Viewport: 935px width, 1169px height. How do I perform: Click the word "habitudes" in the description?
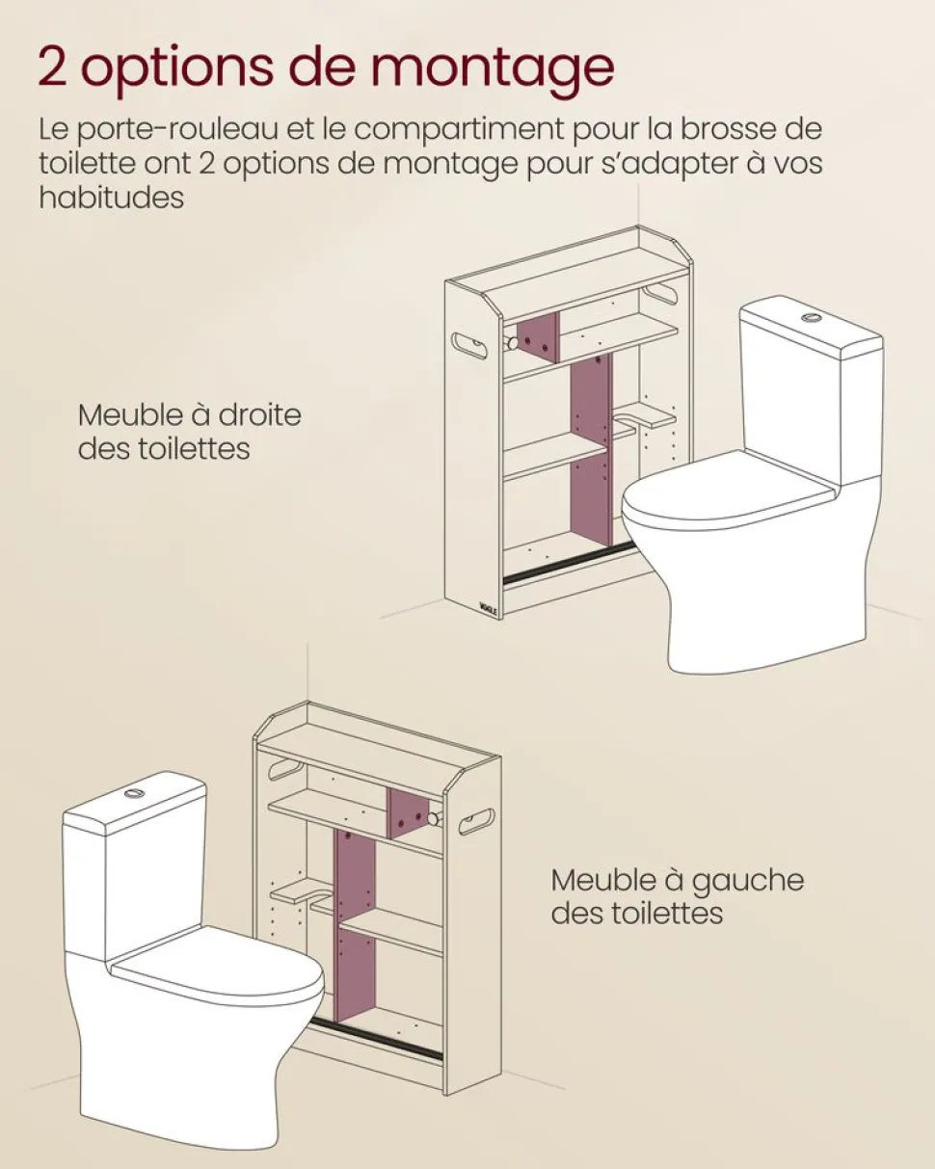[x=112, y=197]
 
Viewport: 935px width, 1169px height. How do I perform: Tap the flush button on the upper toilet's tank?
[x=811, y=316]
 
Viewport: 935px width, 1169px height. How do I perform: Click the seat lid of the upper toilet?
[x=728, y=489]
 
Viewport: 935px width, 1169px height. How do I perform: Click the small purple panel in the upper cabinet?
[x=539, y=337]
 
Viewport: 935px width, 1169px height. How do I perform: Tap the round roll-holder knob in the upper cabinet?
[x=510, y=343]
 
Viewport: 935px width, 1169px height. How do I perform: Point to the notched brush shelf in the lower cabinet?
[x=301, y=894]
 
